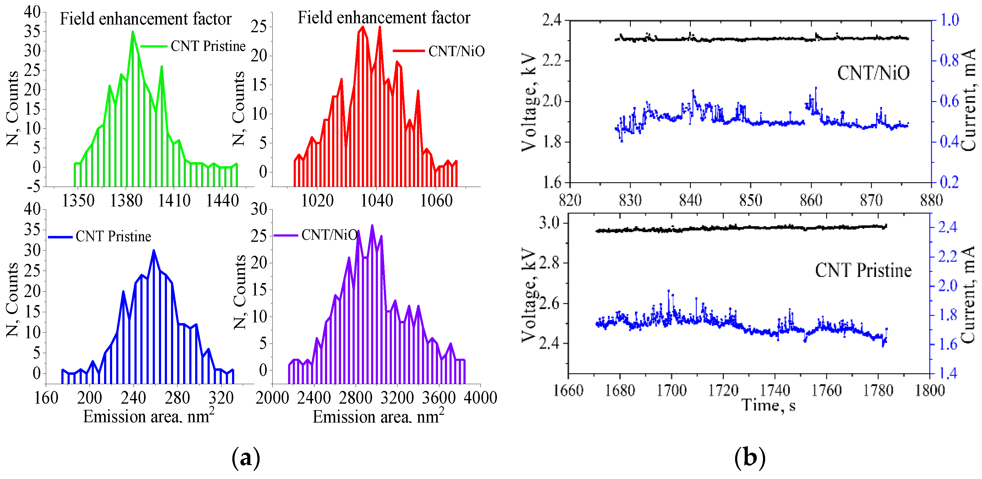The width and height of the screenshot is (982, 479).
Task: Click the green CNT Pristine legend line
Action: (x=154, y=46)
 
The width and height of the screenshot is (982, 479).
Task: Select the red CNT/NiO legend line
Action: (x=408, y=51)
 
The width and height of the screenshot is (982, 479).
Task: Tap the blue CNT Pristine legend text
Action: (x=113, y=237)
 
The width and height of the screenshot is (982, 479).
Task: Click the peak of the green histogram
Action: (x=133, y=32)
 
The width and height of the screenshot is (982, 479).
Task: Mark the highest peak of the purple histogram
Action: (x=372, y=226)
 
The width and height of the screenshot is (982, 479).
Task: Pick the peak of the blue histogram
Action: (x=154, y=251)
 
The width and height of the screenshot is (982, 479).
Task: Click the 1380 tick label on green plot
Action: (x=126, y=201)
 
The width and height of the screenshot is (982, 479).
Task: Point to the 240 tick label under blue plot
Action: (x=134, y=398)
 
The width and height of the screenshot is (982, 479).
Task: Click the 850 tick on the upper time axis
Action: (x=750, y=200)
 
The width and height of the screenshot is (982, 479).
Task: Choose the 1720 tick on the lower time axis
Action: (x=723, y=390)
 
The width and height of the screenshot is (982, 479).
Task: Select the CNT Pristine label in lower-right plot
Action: (x=863, y=271)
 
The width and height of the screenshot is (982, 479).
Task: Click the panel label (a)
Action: (x=246, y=457)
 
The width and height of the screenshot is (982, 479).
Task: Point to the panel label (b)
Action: (x=749, y=457)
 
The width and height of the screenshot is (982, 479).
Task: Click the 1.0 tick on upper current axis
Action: (x=949, y=20)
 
